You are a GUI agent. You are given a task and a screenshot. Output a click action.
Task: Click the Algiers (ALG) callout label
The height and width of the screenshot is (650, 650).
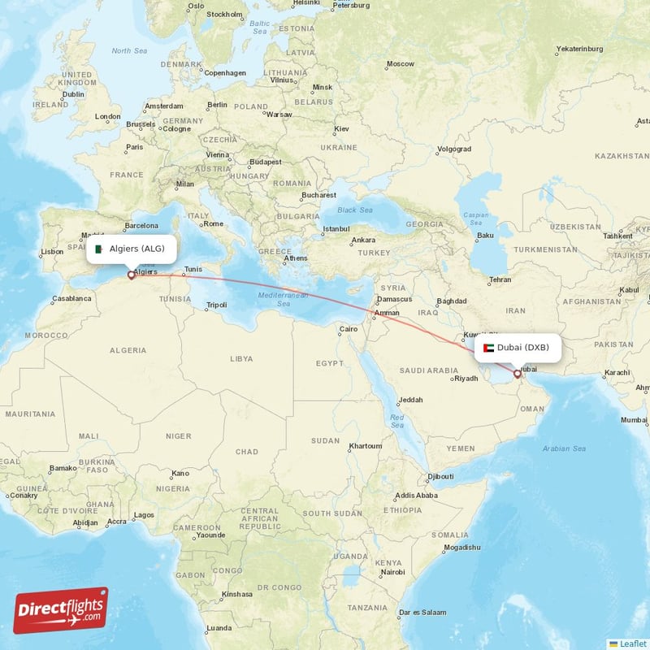[x=132, y=249]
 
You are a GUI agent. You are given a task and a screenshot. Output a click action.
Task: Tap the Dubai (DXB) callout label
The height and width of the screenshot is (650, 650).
[x=517, y=348]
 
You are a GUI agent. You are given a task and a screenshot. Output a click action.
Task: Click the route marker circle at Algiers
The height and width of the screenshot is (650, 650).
[x=131, y=275]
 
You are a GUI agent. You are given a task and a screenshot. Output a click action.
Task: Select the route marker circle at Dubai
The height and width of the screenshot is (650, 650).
[x=517, y=375]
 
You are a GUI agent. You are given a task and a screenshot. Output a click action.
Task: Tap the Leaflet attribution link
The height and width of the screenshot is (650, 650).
[x=632, y=643]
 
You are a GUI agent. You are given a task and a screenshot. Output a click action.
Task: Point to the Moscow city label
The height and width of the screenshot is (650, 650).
[x=400, y=63]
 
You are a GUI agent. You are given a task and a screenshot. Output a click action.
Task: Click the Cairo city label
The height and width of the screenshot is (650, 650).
[x=349, y=329]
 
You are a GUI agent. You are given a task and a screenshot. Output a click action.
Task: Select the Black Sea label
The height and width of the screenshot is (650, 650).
[x=354, y=210]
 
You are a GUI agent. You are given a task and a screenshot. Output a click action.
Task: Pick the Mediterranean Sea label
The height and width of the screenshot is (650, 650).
[x=284, y=299]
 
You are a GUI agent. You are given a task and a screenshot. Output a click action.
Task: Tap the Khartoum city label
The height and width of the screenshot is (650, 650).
[x=365, y=446]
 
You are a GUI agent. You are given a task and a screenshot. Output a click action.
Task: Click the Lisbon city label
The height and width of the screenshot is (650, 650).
[x=52, y=251]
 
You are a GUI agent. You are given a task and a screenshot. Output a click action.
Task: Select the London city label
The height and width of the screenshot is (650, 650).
[x=107, y=116]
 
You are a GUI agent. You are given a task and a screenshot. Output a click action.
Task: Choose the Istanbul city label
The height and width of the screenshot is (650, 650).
[x=335, y=228]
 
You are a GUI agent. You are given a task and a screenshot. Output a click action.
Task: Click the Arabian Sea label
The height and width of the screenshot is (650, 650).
[x=564, y=448]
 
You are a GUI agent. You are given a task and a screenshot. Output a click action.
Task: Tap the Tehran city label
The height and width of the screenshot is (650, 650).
[x=500, y=279]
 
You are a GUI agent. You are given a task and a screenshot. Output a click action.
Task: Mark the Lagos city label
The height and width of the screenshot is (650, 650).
[x=144, y=514]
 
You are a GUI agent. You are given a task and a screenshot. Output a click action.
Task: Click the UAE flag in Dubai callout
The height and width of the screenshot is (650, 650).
[x=488, y=348]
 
